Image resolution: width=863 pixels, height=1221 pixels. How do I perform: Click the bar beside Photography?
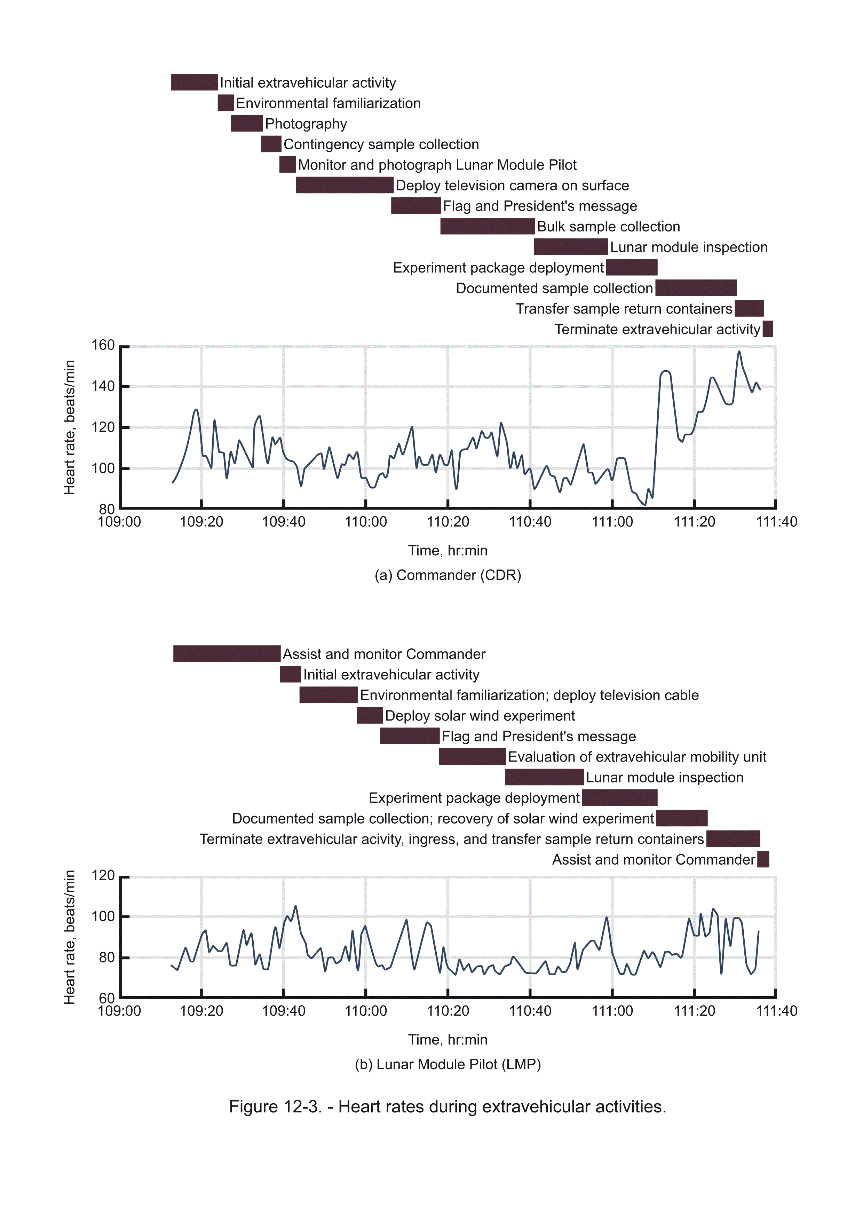pyautogui.click(x=247, y=123)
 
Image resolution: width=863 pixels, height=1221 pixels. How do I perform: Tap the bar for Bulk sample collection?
pyautogui.click(x=487, y=226)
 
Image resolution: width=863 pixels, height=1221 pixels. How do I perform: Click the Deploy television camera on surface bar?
pyautogui.click(x=345, y=185)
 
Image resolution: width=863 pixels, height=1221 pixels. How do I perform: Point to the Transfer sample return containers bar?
pyautogui.click(x=749, y=308)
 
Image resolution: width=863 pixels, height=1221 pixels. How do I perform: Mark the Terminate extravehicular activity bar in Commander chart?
pyautogui.click(x=767, y=329)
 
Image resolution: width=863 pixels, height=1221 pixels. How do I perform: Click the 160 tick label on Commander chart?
pyautogui.click(x=103, y=345)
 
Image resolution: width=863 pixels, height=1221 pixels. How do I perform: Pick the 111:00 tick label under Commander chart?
pyautogui.click(x=612, y=522)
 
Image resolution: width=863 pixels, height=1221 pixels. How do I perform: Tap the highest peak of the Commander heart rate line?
pyautogui.click(x=738, y=352)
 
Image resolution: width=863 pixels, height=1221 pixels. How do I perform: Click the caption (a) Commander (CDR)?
pyautogui.click(x=448, y=575)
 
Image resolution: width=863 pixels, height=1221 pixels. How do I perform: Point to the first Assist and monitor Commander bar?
pyautogui.click(x=227, y=654)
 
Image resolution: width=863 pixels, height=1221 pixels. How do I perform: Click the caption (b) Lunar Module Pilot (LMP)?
pyautogui.click(x=448, y=1064)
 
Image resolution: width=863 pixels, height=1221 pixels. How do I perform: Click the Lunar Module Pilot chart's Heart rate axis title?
pyautogui.click(x=70, y=937)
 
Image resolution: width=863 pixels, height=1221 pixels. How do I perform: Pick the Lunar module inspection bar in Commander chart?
pyautogui.click(x=571, y=247)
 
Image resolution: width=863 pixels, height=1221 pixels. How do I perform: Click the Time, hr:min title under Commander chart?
pyautogui.click(x=448, y=550)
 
